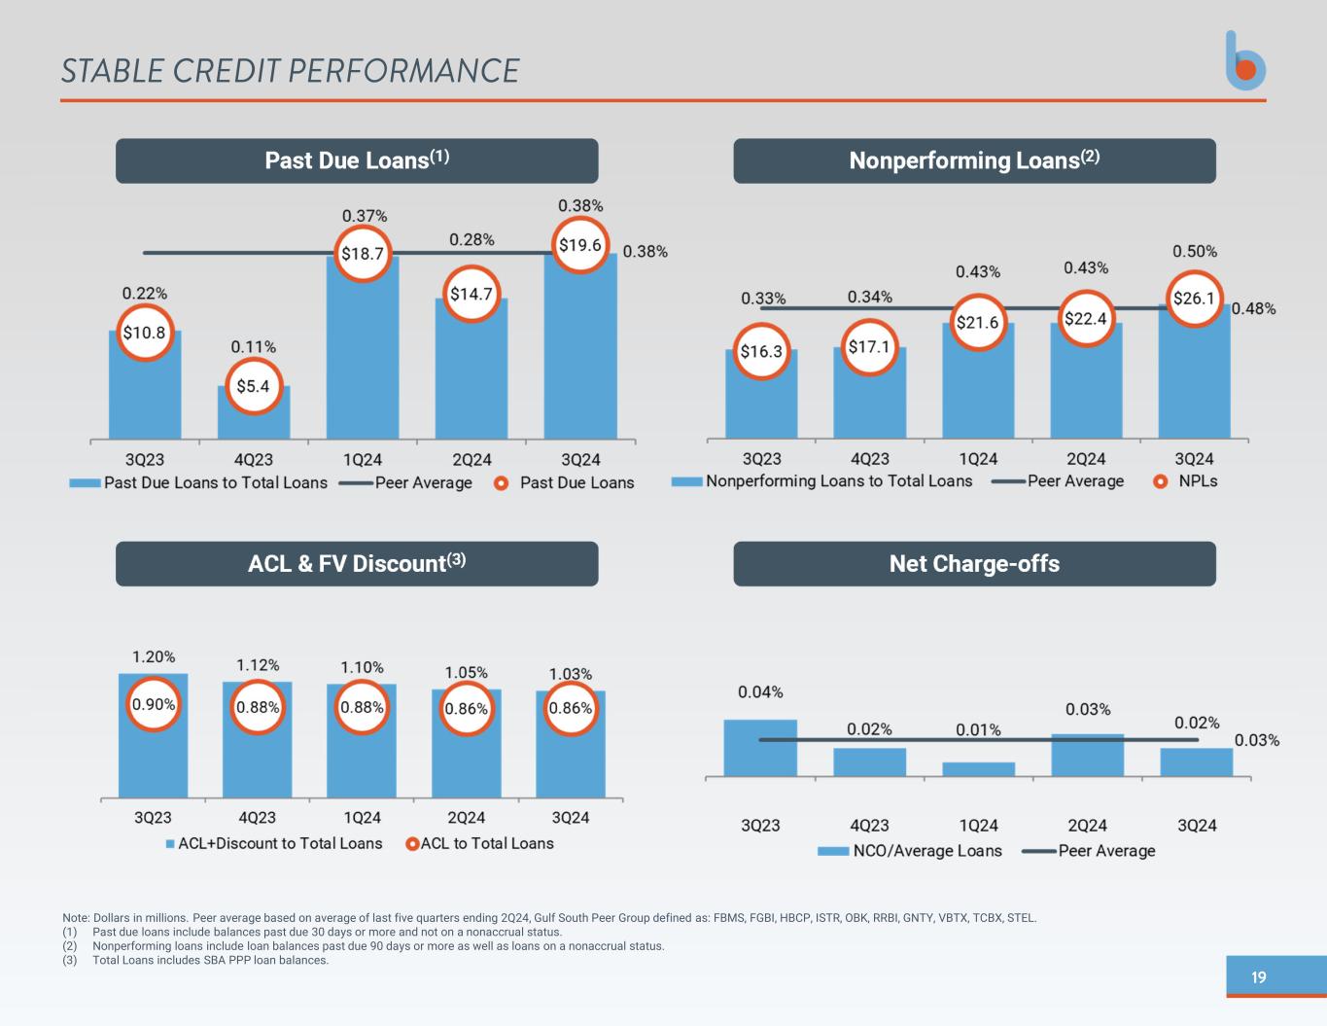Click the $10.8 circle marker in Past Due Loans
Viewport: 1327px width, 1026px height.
tap(145, 333)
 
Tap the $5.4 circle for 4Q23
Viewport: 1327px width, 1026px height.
tap(253, 386)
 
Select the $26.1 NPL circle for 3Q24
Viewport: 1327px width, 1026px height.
tap(1194, 299)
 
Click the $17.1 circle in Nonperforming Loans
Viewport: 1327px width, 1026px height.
tap(869, 346)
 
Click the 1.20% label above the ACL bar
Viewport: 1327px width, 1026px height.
tap(154, 656)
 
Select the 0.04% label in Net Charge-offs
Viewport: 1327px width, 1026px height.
tap(760, 692)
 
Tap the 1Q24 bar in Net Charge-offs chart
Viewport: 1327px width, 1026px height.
tap(978, 769)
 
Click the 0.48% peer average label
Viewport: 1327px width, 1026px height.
tap(1254, 309)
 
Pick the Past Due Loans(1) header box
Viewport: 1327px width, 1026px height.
tap(357, 160)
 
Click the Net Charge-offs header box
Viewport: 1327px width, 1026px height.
tap(974, 564)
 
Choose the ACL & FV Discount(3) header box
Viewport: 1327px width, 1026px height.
tap(357, 564)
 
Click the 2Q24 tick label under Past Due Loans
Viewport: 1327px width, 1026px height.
tap(471, 459)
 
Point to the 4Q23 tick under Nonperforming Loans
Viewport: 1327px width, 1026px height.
tap(870, 459)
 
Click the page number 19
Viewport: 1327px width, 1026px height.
tap(1259, 977)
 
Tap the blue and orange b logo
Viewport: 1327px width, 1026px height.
tap(1245, 61)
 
